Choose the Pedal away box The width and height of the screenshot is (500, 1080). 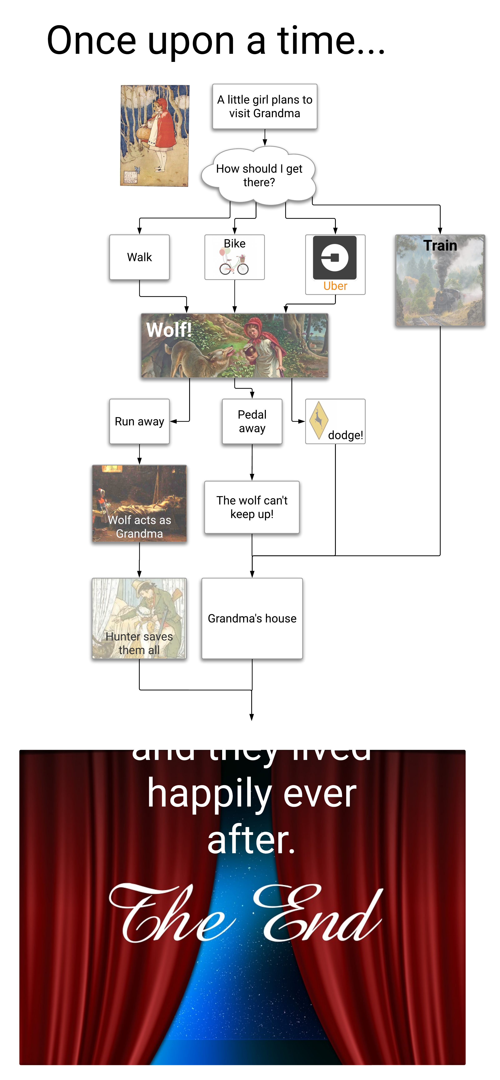(252, 421)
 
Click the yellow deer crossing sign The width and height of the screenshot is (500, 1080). (319, 420)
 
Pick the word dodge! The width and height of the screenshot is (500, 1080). (345, 435)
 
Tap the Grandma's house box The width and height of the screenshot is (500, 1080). (252, 618)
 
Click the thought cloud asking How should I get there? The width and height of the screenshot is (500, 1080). (259, 175)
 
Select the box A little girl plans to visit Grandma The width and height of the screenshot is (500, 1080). (264, 106)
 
